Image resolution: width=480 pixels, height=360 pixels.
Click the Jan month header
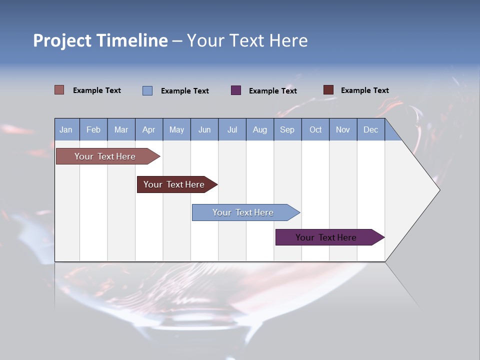click(66, 129)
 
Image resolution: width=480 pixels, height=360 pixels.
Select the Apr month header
click(148, 129)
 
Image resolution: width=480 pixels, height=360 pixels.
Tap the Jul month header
click(232, 129)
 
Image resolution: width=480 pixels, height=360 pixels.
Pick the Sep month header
click(287, 129)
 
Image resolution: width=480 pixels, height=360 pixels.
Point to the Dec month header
click(370, 129)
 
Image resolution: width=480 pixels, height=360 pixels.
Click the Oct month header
click(315, 129)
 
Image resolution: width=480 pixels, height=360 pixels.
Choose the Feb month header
click(93, 129)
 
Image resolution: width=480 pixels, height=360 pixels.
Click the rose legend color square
click(59, 90)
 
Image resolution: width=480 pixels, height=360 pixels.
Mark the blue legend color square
click(147, 90)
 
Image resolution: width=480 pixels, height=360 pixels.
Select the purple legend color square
click(236, 90)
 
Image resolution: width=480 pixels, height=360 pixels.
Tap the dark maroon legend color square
click(328, 90)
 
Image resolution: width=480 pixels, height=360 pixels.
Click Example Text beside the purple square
click(272, 91)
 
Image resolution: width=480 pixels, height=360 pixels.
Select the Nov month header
click(343, 129)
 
